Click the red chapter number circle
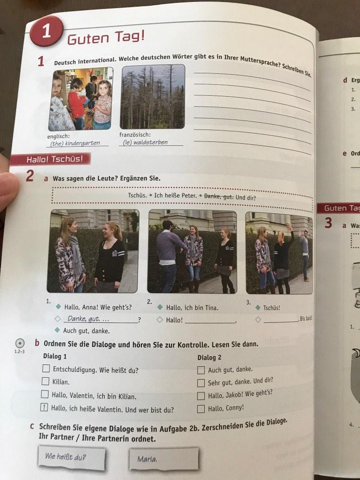tap(46, 31)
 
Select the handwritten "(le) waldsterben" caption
tap(145, 142)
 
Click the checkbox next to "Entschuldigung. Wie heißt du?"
tap(46, 369)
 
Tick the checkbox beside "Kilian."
tap(45, 381)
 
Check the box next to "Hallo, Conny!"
tap(201, 408)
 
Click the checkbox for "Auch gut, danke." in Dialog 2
tap(201, 370)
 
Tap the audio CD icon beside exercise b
tap(20, 343)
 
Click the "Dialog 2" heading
tap(210, 357)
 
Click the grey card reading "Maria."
tap(163, 459)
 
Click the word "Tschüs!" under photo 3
tap(272, 308)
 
